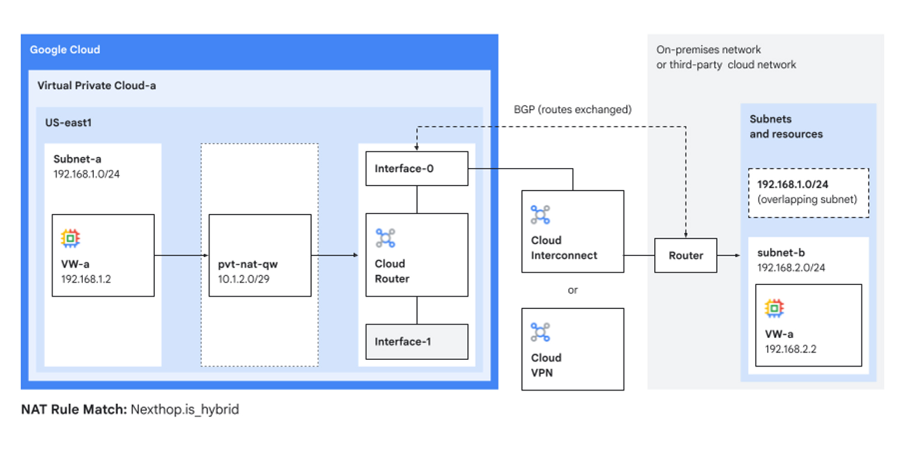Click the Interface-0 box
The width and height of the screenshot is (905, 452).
click(x=416, y=169)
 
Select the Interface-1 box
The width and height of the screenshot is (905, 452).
click(x=416, y=342)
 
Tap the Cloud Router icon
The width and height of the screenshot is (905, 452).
click(x=385, y=238)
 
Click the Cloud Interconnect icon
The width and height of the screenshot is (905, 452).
click(x=540, y=215)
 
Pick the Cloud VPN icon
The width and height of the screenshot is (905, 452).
click(x=540, y=332)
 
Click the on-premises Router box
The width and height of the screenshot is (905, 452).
click(x=685, y=255)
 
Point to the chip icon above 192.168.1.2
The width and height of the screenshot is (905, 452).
click(x=70, y=238)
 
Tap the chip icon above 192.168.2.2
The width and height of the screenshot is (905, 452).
click(x=774, y=308)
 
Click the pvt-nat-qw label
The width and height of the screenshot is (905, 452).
click(x=248, y=264)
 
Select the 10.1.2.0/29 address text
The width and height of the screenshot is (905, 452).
click(x=243, y=279)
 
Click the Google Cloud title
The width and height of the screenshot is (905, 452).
click(x=65, y=50)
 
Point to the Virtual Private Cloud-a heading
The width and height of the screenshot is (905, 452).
click(x=96, y=85)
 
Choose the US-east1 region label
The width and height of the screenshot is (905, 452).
click(x=68, y=122)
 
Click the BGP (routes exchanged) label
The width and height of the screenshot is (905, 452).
click(x=572, y=109)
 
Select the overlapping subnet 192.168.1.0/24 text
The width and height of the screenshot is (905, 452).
click(x=792, y=184)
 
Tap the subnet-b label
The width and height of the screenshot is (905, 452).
click(x=781, y=253)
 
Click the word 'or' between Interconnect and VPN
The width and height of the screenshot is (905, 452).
click(x=572, y=290)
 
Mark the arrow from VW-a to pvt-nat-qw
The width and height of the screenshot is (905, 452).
click(x=181, y=255)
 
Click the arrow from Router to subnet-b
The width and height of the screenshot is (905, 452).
click(x=729, y=255)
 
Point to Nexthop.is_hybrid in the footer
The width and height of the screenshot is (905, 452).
click(x=185, y=410)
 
